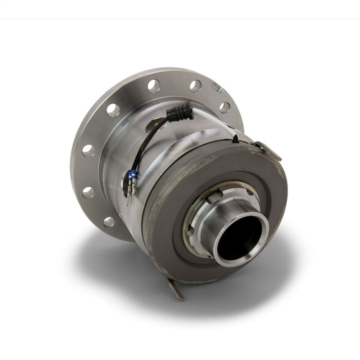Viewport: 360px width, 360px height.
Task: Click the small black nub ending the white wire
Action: [x=235, y=138]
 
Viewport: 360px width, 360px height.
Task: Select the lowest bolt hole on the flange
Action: [x=109, y=222]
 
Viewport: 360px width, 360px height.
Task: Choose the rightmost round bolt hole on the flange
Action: [x=225, y=107]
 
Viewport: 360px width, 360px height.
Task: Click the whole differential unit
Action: [x=180, y=180]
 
